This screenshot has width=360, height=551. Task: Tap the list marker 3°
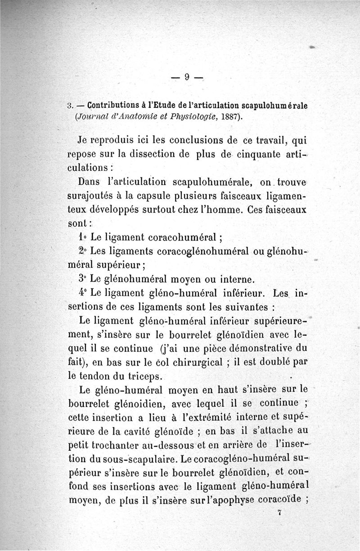click(83, 279)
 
